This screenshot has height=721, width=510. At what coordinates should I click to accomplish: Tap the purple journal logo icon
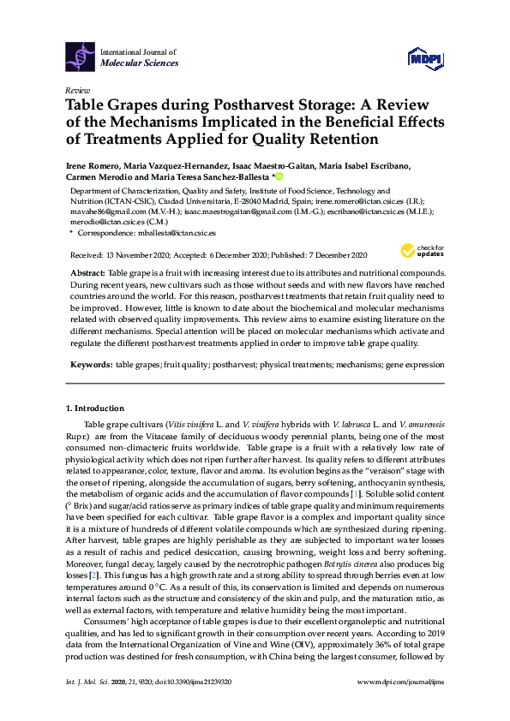(81, 56)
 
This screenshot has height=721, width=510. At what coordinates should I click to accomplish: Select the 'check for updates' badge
(415, 251)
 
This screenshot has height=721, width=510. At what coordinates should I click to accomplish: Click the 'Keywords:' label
(92, 365)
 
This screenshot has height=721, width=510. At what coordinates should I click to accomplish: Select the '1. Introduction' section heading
(94, 408)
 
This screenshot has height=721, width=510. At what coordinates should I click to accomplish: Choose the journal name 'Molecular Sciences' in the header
(140, 63)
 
